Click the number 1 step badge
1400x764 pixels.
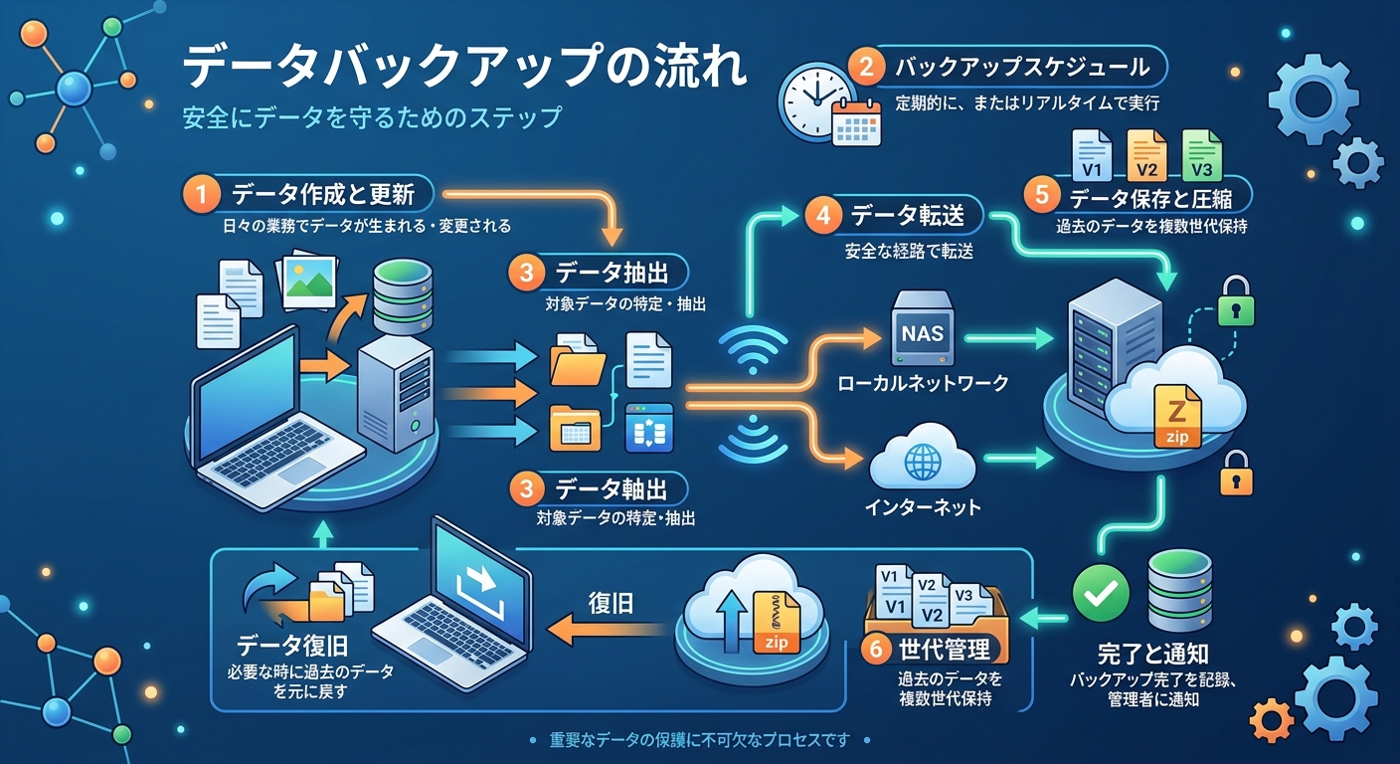(201, 194)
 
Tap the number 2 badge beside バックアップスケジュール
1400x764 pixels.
(866, 67)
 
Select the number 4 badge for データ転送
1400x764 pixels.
(823, 216)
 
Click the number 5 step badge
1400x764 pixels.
(1042, 195)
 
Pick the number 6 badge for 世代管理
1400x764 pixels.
(876, 649)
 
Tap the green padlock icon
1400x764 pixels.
(1236, 301)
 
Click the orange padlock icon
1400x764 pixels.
(1236, 474)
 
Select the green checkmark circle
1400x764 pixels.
(1101, 593)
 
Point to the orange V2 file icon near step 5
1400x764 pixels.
(1146, 155)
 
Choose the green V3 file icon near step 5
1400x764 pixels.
(1202, 155)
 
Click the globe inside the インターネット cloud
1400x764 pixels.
(923, 462)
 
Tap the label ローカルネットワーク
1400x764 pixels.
(923, 383)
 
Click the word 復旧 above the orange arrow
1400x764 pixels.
(611, 603)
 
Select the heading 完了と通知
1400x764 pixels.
(1153, 654)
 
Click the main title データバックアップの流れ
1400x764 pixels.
(464, 67)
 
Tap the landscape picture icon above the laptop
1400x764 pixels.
(307, 282)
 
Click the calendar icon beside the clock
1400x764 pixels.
(857, 122)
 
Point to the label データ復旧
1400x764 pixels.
(292, 645)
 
